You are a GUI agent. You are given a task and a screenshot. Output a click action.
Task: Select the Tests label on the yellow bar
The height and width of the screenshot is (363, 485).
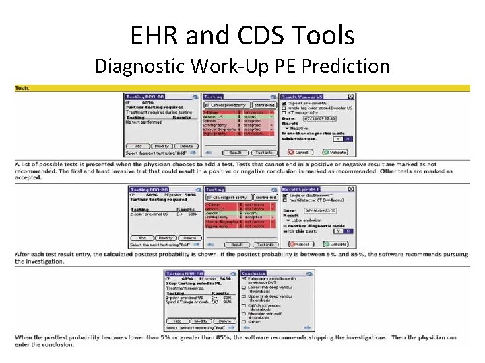tap(24, 88)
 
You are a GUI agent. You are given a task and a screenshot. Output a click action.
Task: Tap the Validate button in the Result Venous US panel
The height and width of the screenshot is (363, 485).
tap(335, 152)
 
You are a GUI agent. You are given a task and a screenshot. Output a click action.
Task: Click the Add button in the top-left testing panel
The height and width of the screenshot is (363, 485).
tap(138, 146)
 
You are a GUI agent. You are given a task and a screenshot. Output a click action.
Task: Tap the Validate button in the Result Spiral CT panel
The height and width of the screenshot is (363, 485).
tap(335, 244)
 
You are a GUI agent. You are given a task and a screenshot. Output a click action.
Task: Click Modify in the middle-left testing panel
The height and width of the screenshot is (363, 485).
tap(164, 238)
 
